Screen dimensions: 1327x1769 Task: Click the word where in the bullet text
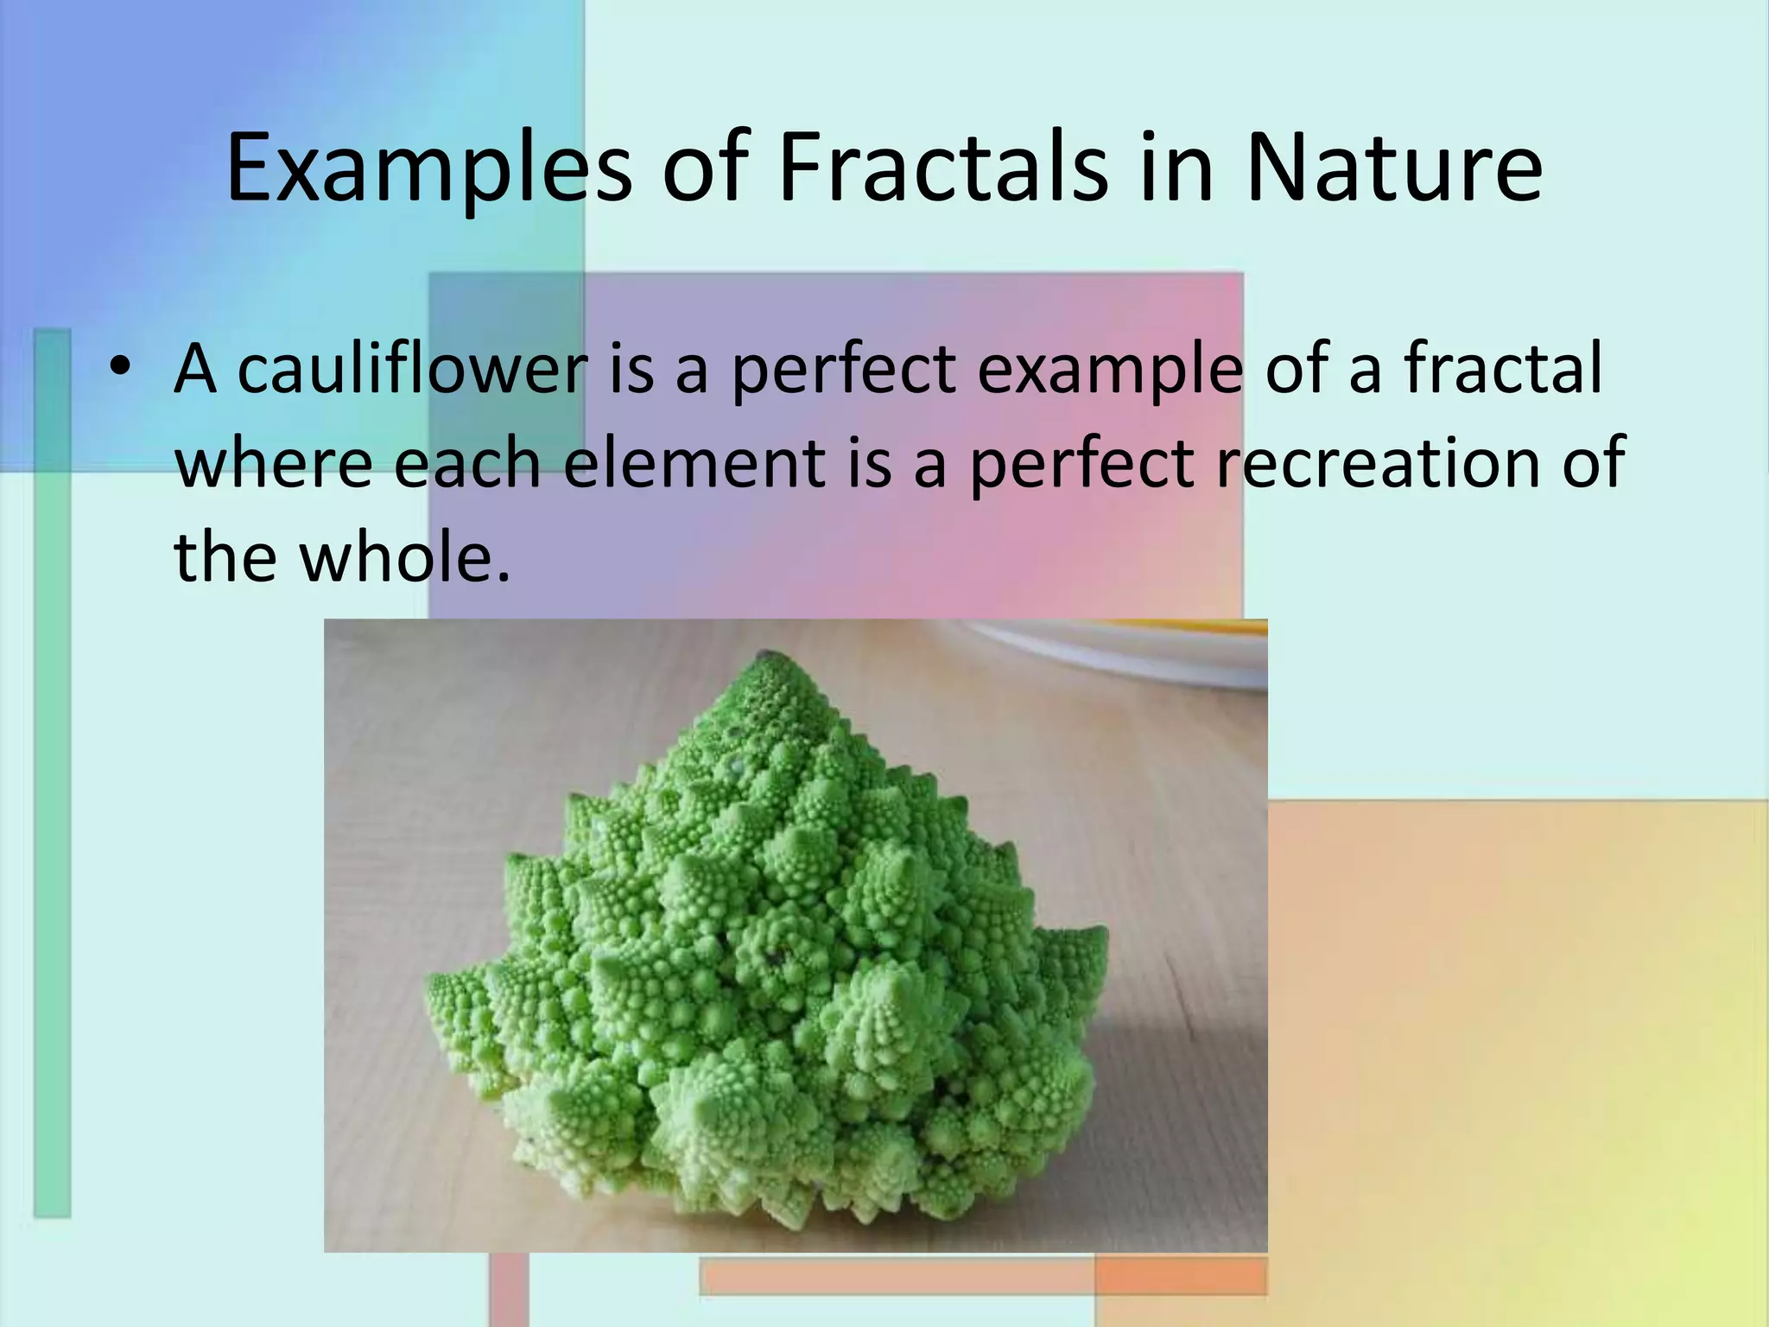274,462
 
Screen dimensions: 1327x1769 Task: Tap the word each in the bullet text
468,462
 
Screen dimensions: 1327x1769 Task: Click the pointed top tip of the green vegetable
764,656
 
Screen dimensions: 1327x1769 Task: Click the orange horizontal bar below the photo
898,1276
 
